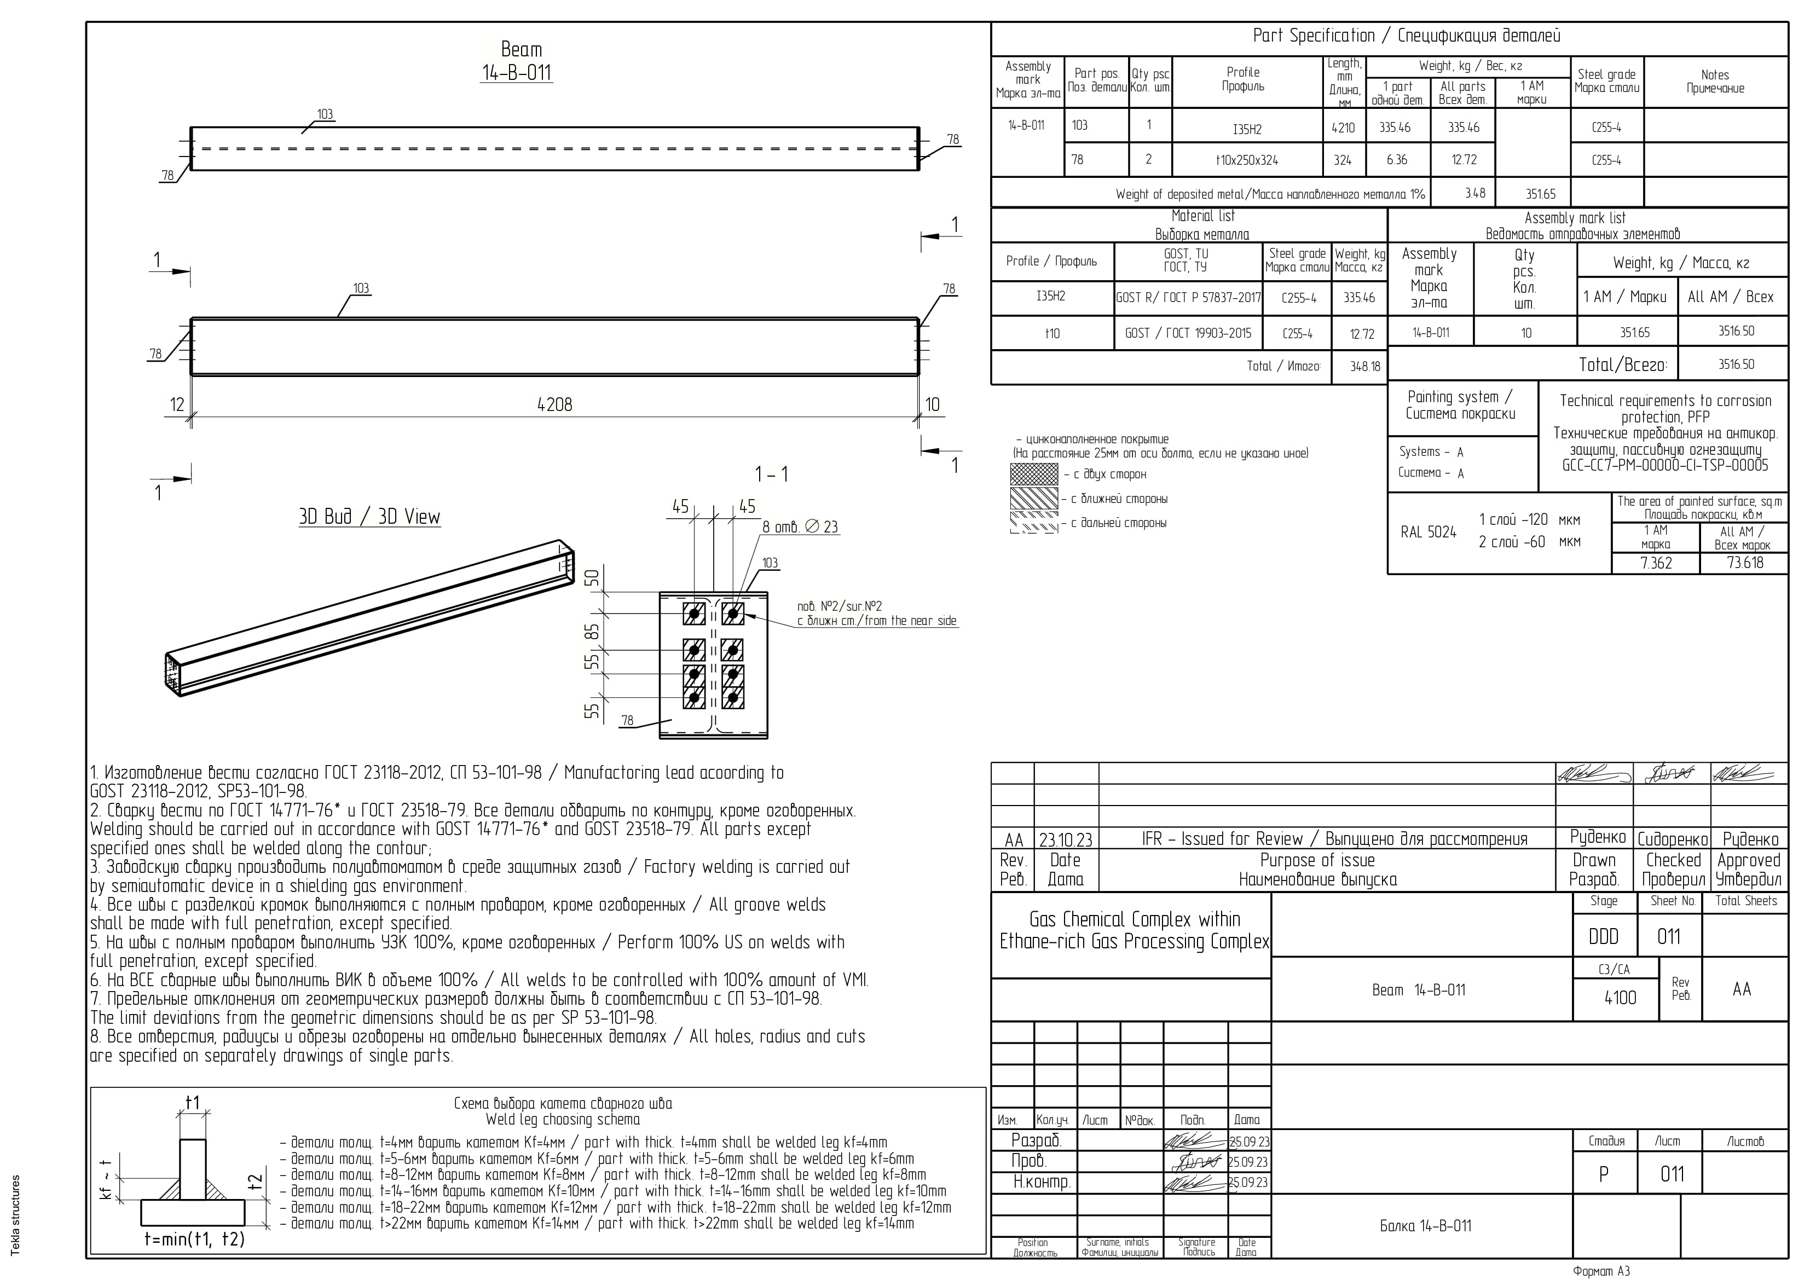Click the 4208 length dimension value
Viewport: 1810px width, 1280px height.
tap(554, 404)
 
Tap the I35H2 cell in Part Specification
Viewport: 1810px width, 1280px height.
tap(1247, 129)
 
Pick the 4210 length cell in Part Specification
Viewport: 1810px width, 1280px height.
tap(1343, 128)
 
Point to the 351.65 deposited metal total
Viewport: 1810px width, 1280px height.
tap(1540, 194)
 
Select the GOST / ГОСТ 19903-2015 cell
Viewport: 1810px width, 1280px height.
tap(1188, 333)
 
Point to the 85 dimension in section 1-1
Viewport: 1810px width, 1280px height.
tap(592, 632)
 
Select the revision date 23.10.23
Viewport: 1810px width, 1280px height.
tap(1065, 840)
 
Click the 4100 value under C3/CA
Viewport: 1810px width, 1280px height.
tap(1620, 998)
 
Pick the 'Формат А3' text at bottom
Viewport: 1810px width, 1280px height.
tap(1600, 1271)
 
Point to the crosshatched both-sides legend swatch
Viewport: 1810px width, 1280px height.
tap(1034, 474)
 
